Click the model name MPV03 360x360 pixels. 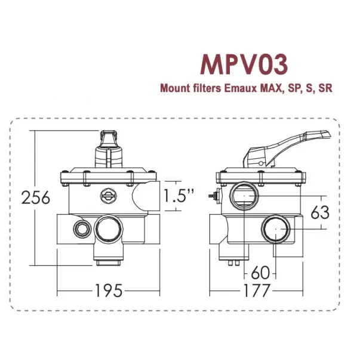pyautogui.click(x=247, y=64)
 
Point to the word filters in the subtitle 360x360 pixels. pyautogui.click(x=207, y=88)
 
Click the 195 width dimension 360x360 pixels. pyautogui.click(x=108, y=291)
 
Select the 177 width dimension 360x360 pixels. pyautogui.click(x=256, y=291)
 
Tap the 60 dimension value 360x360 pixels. pyautogui.click(x=261, y=272)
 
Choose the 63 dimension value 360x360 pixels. pyautogui.click(x=320, y=211)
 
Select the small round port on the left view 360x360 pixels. pyautogui.click(x=79, y=229)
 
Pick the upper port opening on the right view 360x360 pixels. pyautogui.click(x=245, y=195)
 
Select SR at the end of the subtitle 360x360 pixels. pyautogui.click(x=325, y=88)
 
